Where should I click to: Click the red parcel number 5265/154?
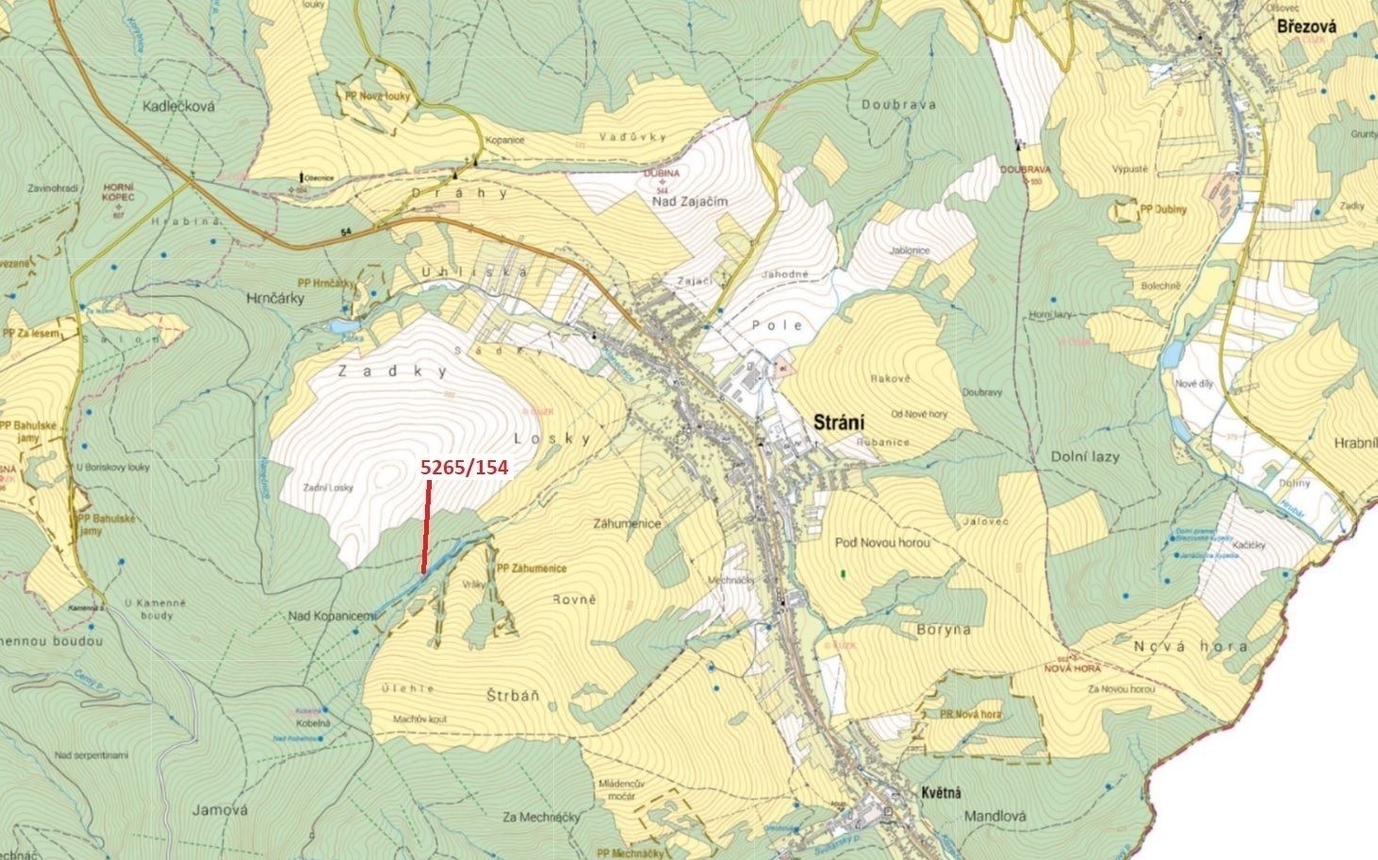pyautogui.click(x=464, y=467)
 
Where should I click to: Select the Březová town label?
pyautogui.click(x=1306, y=27)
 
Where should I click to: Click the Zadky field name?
pyautogui.click(x=393, y=372)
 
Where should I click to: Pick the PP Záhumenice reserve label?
pyautogui.click(x=532, y=569)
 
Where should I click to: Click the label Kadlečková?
pyautogui.click(x=178, y=107)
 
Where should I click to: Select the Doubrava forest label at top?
pyautogui.click(x=898, y=105)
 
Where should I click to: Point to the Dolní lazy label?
pyautogui.click(x=1085, y=456)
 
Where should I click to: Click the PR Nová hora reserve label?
pyautogui.click(x=970, y=715)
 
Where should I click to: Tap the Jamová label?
pyautogui.click(x=219, y=809)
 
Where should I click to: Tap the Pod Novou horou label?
pyautogui.click(x=881, y=542)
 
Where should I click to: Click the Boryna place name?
pyautogui.click(x=943, y=628)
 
